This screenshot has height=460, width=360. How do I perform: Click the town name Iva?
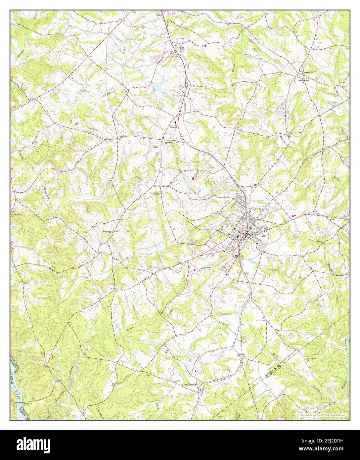coord(263,236)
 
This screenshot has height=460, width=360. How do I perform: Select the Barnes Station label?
coord(189,385)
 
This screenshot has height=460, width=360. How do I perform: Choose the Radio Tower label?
coord(155,147)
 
